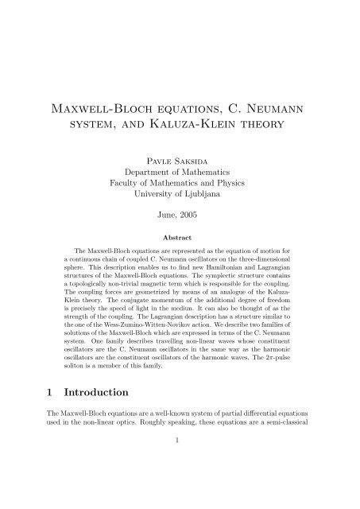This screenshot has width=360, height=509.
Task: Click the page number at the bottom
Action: click(180, 491)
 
